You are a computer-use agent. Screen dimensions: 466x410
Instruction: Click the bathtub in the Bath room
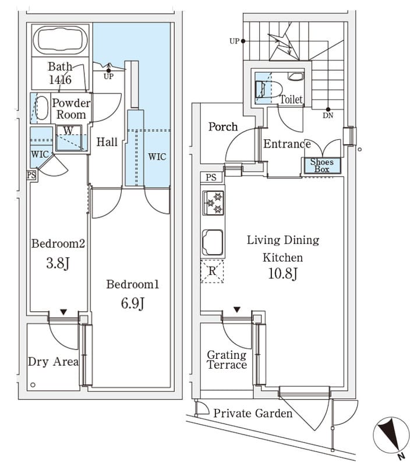click(61, 40)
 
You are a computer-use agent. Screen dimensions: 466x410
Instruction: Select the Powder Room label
click(71, 109)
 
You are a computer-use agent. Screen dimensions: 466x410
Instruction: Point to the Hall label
click(107, 142)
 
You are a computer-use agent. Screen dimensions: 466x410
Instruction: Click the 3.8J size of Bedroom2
click(58, 263)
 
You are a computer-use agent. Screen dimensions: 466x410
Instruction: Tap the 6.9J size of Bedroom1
click(132, 303)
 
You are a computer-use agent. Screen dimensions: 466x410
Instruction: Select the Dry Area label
click(53, 362)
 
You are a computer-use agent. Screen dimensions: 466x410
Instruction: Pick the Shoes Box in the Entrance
click(321, 165)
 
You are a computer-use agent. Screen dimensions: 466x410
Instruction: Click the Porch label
click(223, 126)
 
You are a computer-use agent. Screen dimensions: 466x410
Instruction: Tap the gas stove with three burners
click(213, 203)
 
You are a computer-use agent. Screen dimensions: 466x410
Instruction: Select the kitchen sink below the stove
click(213, 242)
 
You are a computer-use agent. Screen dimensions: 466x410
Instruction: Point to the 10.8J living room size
click(283, 273)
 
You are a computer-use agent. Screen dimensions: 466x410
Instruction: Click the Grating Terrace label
click(227, 360)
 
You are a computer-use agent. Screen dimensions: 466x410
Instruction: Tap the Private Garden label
click(252, 414)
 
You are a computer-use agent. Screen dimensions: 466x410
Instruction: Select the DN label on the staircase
click(329, 115)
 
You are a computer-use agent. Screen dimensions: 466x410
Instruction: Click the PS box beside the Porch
click(211, 177)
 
